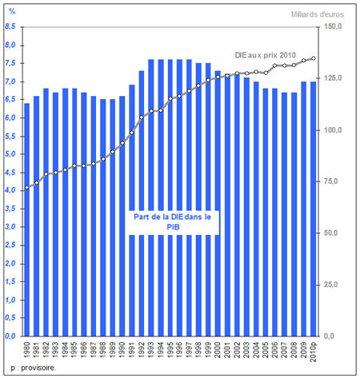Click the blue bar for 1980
27,220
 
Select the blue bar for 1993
151,197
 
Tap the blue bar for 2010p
314,209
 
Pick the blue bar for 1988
103,217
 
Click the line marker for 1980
27,188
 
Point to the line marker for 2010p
314,58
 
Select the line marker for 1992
142,117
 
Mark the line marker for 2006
275,66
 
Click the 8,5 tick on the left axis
10,27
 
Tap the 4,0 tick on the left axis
10,191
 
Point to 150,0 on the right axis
333,26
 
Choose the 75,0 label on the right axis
330,181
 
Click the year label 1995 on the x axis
170,349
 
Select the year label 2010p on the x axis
314,352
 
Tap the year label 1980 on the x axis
27,349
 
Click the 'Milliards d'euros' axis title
318,14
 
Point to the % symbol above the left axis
12,11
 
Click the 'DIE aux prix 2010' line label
266,55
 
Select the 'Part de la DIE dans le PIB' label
173,222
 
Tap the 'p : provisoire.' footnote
34,368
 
